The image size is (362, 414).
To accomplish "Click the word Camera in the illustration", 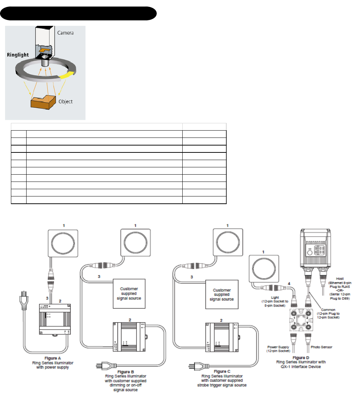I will click(x=65, y=33).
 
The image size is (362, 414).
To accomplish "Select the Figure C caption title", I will click(x=222, y=371).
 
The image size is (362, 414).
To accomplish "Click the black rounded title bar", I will click(x=78, y=13).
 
